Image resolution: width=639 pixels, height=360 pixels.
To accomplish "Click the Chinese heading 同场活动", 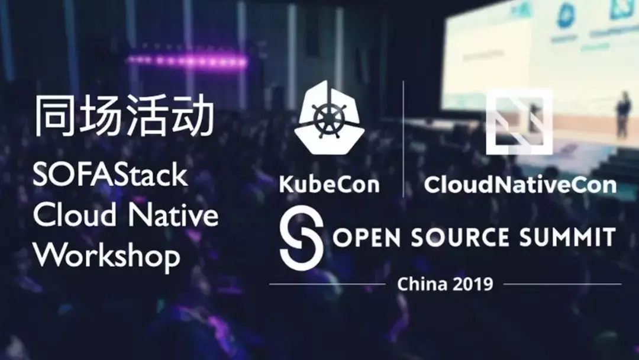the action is tap(123, 117).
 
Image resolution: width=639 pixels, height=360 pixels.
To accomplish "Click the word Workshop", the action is tap(106, 256).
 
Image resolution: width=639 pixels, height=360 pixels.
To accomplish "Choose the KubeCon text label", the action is tap(329, 185).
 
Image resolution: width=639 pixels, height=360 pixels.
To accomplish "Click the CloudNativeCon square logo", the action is tap(519, 121).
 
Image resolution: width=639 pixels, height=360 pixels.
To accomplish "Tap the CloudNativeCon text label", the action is tap(520, 185).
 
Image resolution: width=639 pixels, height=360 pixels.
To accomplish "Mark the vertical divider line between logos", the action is tap(404, 139).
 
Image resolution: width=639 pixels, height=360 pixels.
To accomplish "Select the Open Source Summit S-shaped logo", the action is tap(301, 238).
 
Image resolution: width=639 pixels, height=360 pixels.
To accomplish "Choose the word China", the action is tap(422, 284).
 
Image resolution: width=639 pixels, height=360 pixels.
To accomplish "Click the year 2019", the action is tap(473, 284).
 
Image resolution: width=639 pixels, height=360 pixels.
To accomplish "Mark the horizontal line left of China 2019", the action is tap(328, 284).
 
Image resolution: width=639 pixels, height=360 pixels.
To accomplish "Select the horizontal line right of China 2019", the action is tap(562, 284).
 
